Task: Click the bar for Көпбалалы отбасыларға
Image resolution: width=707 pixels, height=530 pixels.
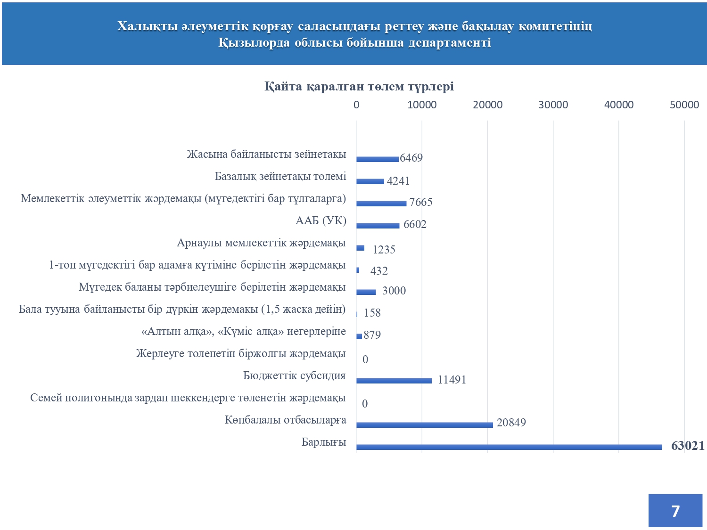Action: (x=425, y=425)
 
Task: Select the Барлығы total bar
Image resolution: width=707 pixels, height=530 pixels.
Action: (x=509, y=447)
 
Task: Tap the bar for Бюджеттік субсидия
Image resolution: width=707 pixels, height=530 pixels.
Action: (x=394, y=381)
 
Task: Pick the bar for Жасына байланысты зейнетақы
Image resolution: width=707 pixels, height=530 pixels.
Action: (x=378, y=159)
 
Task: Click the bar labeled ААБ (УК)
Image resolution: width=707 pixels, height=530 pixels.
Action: (x=378, y=226)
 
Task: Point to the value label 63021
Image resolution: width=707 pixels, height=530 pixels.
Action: (x=688, y=446)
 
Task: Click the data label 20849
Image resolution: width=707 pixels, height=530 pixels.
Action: (x=511, y=422)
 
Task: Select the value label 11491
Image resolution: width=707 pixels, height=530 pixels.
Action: (x=452, y=380)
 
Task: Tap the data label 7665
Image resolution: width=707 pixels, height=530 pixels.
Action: (x=420, y=202)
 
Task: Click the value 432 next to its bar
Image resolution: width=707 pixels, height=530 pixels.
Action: (x=379, y=270)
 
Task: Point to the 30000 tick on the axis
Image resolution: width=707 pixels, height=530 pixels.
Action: (x=553, y=105)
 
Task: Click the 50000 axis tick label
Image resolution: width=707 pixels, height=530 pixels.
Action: (x=684, y=105)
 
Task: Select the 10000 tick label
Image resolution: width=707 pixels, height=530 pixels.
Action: (x=422, y=105)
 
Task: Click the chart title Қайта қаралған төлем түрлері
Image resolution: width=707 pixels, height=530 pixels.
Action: (x=359, y=86)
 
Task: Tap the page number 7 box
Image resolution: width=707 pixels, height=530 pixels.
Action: (x=675, y=511)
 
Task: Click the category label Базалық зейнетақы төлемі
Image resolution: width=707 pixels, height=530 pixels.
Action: (x=280, y=176)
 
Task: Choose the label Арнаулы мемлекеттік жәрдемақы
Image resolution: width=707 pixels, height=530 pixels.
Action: (x=261, y=243)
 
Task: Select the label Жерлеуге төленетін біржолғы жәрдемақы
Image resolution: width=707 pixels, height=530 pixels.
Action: (x=240, y=353)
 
